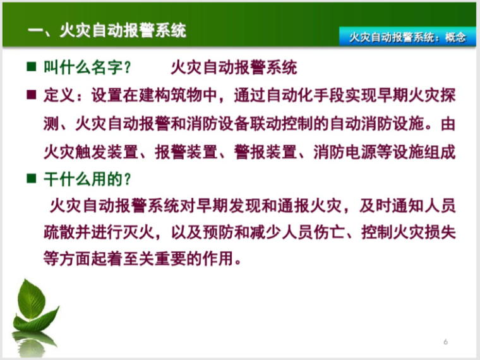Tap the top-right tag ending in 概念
pyautogui.click(x=407, y=37)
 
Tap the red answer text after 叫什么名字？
pyautogui.click(x=233, y=67)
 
